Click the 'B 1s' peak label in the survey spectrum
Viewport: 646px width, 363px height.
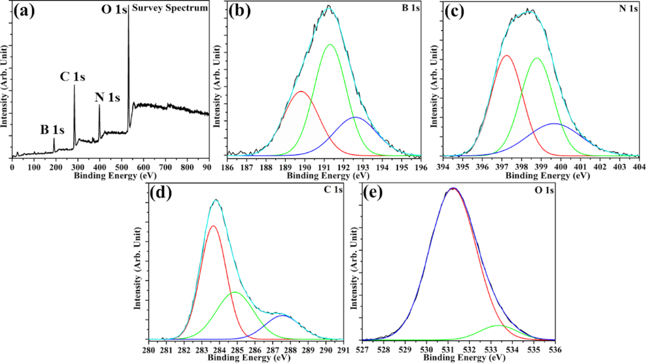point(52,130)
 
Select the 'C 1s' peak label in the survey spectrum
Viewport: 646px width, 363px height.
point(73,77)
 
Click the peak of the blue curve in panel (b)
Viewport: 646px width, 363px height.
point(355,117)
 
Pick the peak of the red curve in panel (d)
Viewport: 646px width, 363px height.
point(213,226)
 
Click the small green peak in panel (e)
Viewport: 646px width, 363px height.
point(498,325)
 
